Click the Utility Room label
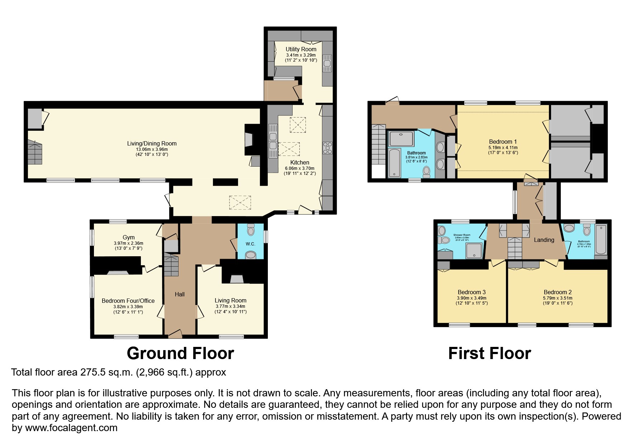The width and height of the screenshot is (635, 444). click(x=301, y=49)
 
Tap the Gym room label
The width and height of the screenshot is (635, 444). click(x=128, y=237)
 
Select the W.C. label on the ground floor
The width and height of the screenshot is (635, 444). click(x=250, y=244)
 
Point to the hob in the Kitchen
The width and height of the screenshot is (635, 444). click(x=327, y=148)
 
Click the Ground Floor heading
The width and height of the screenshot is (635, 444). click(x=180, y=353)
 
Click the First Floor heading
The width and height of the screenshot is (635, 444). click(x=489, y=353)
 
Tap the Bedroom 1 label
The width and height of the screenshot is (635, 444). click(x=503, y=142)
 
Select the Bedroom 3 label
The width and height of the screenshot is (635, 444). click(x=471, y=292)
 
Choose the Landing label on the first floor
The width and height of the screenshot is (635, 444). click(x=544, y=240)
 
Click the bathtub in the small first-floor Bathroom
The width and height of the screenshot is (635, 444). click(x=601, y=239)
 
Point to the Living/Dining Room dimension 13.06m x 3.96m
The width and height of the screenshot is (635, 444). click(x=152, y=149)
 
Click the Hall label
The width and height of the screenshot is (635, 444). click(x=180, y=294)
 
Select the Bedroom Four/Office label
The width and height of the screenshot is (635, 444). click(x=128, y=301)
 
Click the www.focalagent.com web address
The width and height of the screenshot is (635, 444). click(x=71, y=428)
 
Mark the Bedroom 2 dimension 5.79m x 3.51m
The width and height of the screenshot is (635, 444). click(x=558, y=298)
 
